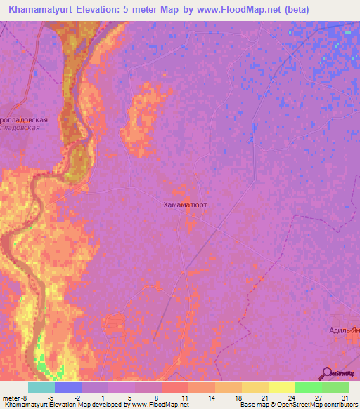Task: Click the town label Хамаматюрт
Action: (185, 205)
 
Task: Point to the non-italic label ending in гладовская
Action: (25, 120)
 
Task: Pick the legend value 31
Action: (344, 397)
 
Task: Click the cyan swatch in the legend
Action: (41, 387)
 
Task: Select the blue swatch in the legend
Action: (68, 387)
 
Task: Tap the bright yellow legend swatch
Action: (281, 387)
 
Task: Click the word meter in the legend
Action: (8, 397)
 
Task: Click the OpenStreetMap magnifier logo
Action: (328, 373)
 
